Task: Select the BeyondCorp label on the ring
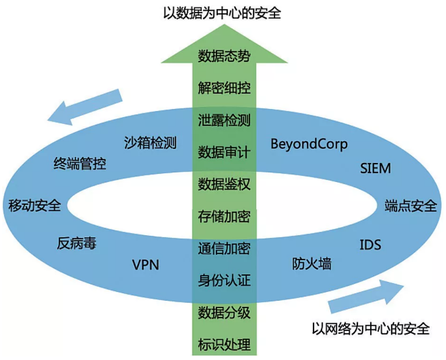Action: click(309, 144)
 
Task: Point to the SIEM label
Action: click(375, 168)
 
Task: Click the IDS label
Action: click(370, 245)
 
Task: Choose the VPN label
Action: click(146, 265)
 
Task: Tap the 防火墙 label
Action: click(312, 263)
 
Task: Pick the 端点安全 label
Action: click(410, 206)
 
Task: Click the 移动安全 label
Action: click(34, 206)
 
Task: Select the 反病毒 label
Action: click(77, 244)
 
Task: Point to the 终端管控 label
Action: click(80, 164)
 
